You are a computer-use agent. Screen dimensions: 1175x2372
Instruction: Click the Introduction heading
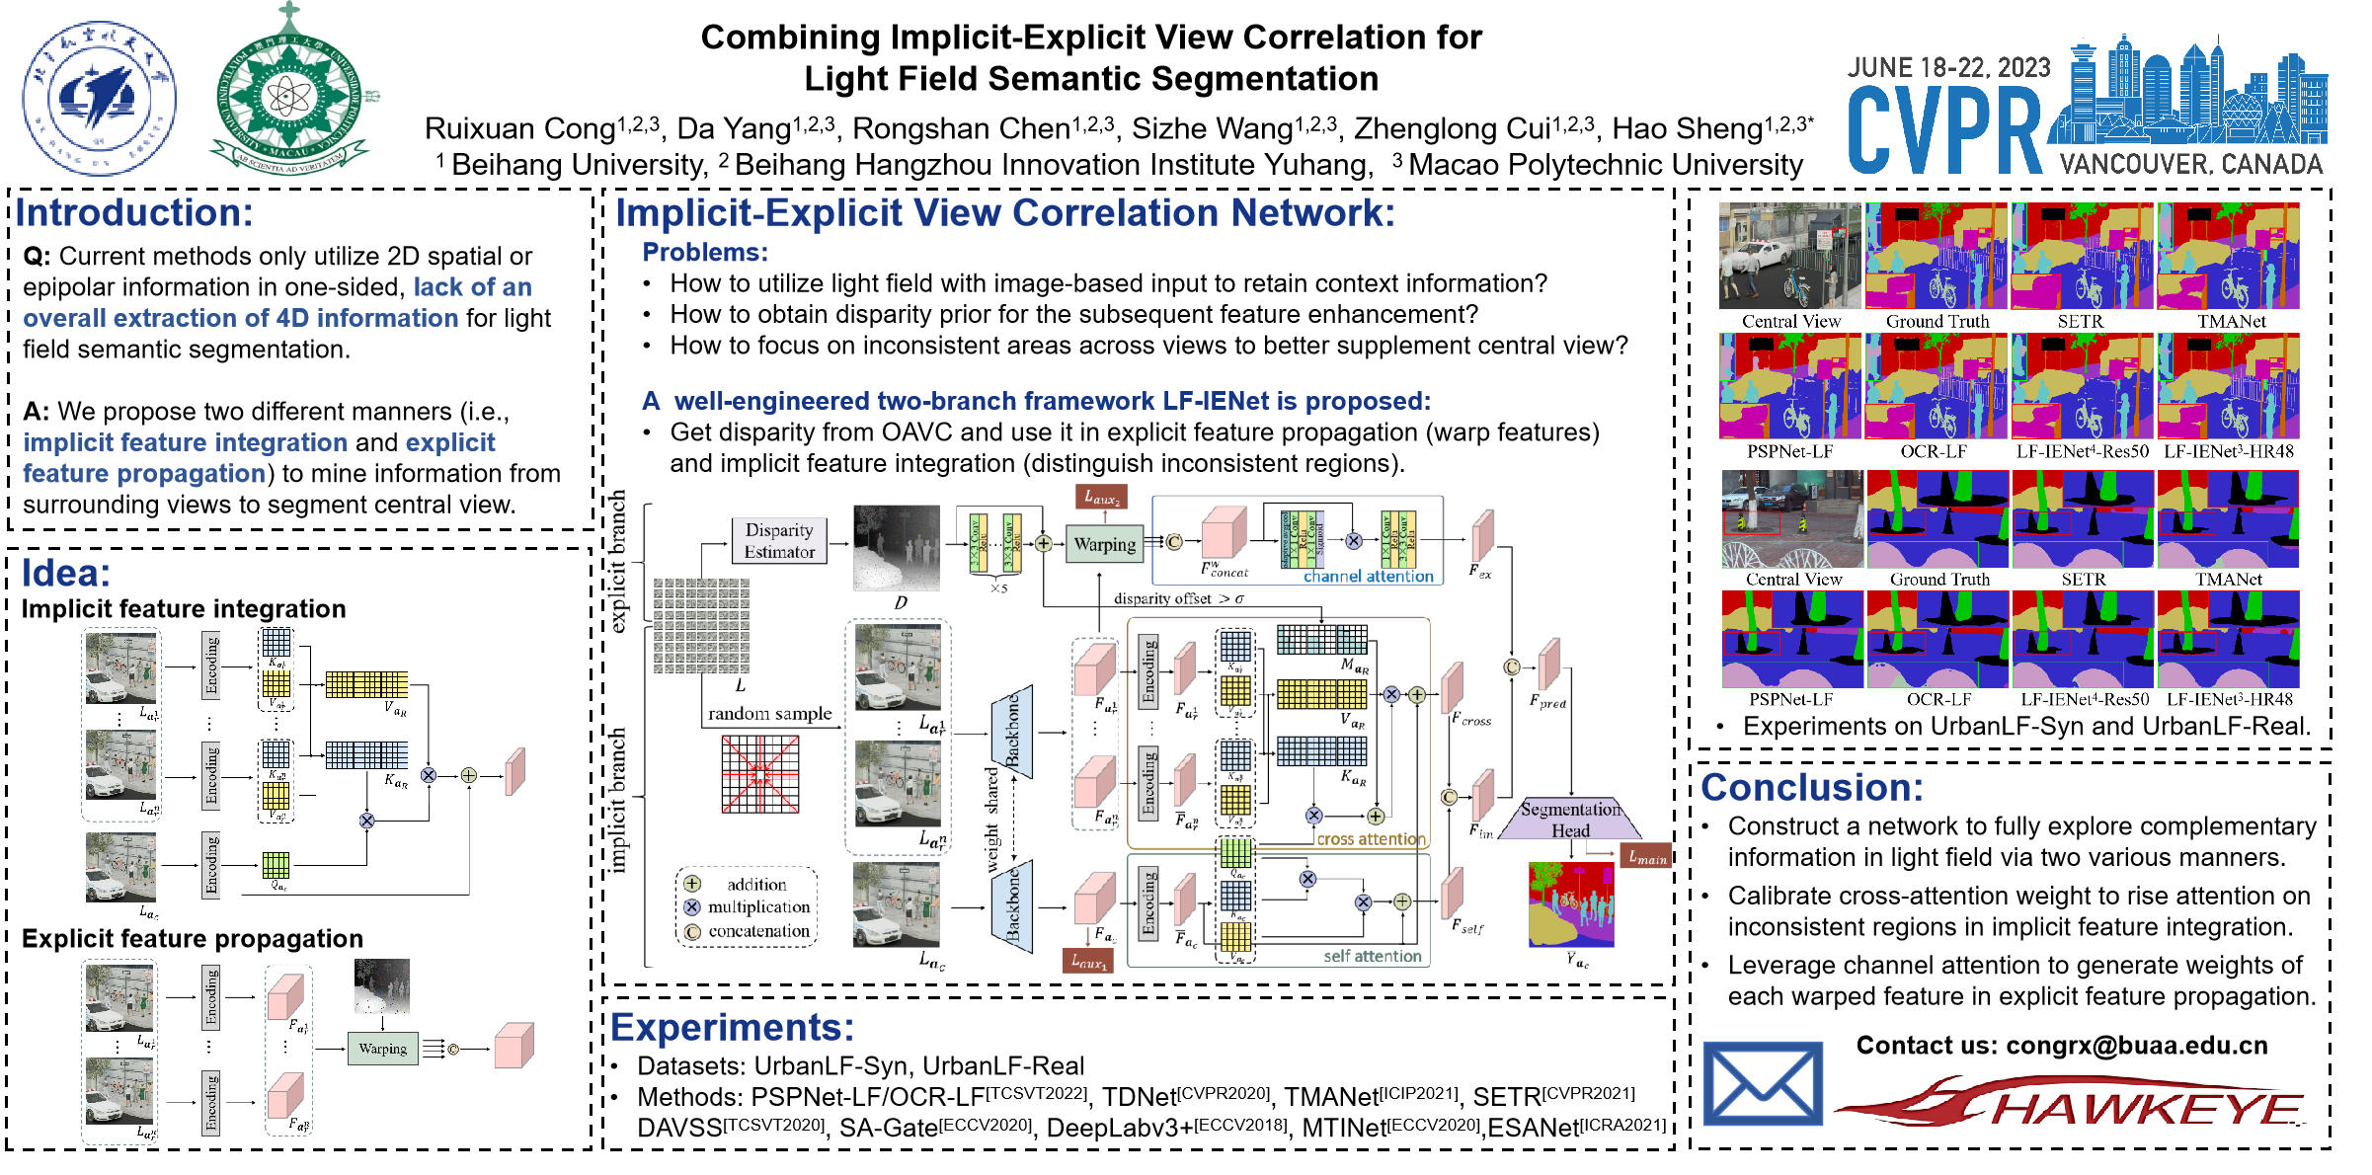[x=134, y=213]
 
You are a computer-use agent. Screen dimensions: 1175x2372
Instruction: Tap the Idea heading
[x=66, y=573]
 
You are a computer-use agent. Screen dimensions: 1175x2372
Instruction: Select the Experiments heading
[x=732, y=1028]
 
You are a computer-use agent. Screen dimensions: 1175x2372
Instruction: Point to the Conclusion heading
[x=1811, y=788]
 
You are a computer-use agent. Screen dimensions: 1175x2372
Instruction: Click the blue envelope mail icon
[x=1763, y=1083]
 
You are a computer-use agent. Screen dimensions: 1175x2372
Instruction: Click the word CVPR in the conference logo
[x=1943, y=131]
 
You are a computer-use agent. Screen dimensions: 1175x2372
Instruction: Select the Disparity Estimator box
[x=779, y=541]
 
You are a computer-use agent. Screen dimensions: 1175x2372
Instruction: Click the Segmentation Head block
[x=1569, y=820]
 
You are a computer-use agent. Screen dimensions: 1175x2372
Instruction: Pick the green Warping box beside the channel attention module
[x=1104, y=544]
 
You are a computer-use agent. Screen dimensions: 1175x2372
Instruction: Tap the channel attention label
[x=1368, y=577]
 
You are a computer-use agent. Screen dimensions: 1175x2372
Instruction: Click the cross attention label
[x=1371, y=839]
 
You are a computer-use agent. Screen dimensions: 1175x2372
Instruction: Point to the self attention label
[x=1372, y=956]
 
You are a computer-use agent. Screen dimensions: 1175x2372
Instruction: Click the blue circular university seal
[x=99, y=99]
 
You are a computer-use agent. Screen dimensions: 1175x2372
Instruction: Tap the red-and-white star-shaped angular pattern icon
[x=760, y=774]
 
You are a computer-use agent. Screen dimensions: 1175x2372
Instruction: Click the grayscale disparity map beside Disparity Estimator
[x=897, y=548]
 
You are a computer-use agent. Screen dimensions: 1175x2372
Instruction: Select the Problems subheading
[x=704, y=253]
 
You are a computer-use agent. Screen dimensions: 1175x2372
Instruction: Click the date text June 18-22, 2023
[x=1948, y=67]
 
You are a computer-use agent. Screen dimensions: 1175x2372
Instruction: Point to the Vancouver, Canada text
[x=2190, y=164]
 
